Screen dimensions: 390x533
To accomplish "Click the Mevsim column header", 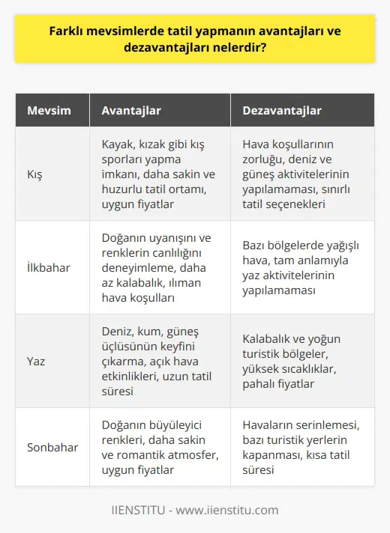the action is click(x=49, y=111).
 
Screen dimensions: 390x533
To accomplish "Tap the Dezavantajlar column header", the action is click(x=282, y=111).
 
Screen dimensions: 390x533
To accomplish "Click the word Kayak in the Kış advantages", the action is click(x=117, y=146).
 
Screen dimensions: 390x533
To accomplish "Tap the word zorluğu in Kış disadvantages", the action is click(x=262, y=160).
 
